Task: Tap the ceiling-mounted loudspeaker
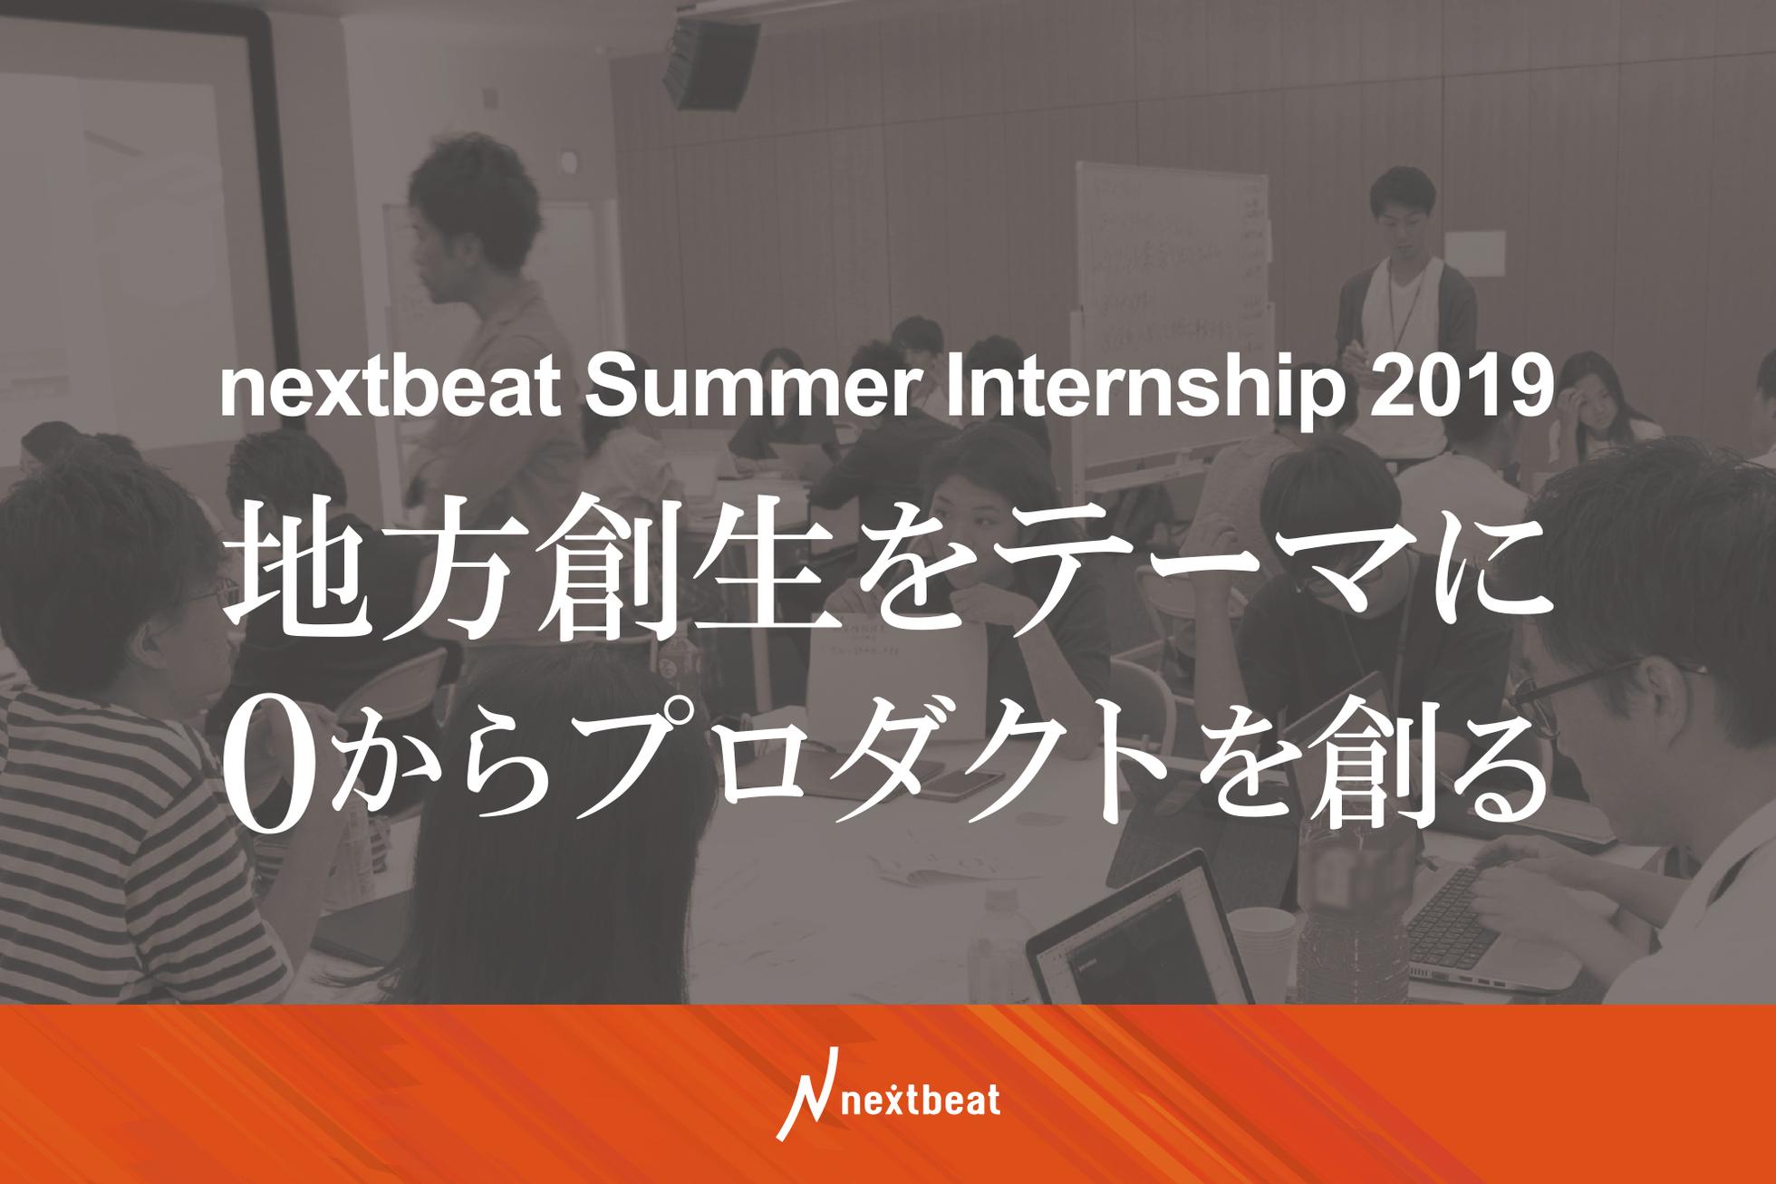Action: point(709,62)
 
